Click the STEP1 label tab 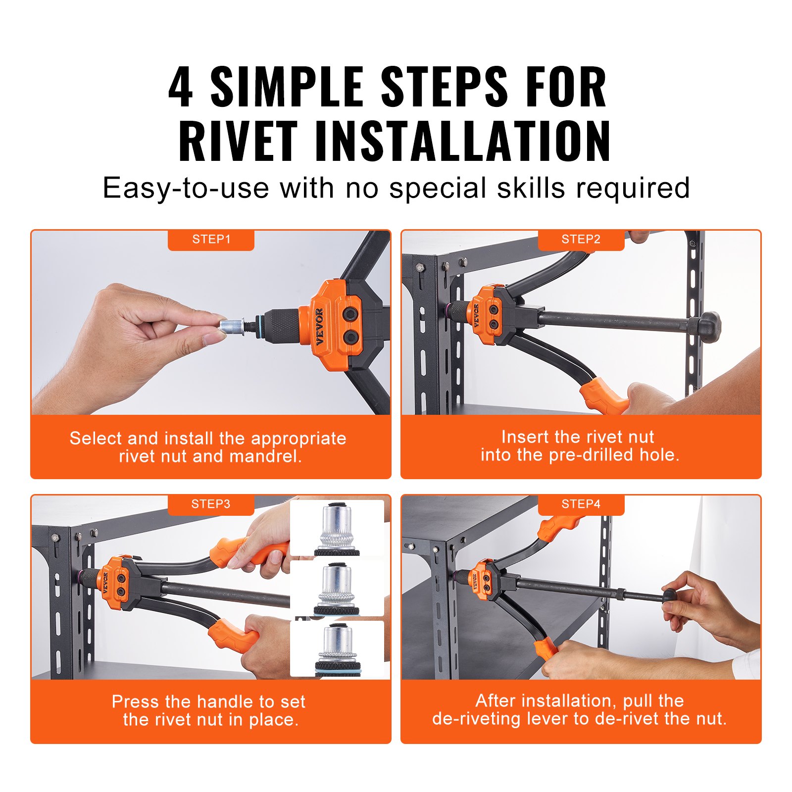coord(211,240)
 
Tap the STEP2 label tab coord(581,240)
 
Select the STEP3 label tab coord(211,504)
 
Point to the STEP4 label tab coord(581,504)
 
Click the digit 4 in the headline coord(181,88)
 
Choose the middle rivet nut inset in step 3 coord(337,588)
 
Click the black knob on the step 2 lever coord(709,326)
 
